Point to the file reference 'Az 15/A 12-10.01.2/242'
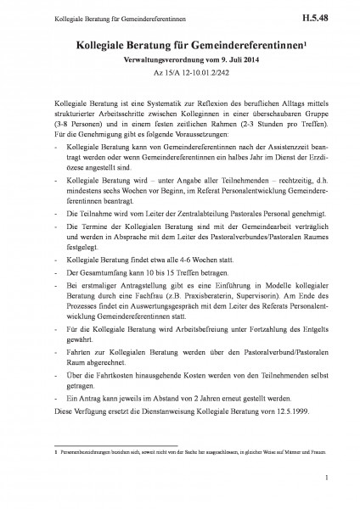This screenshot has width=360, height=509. coord(180,74)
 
